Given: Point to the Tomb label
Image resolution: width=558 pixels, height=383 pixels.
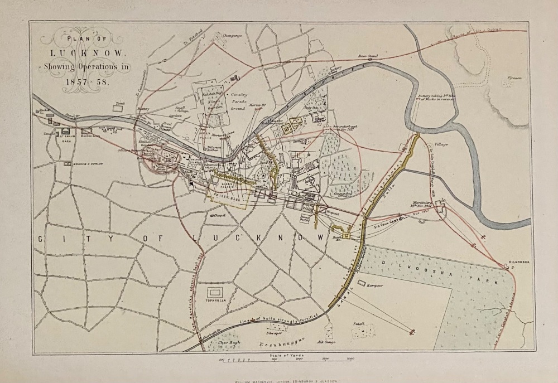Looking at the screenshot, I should pos(118,103).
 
